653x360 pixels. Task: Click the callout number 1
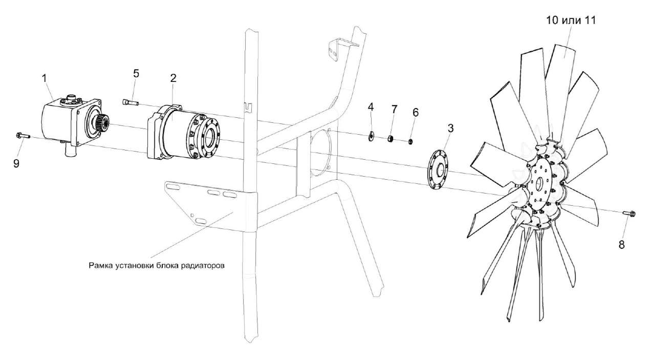(x=45, y=78)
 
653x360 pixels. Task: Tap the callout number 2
(x=173, y=78)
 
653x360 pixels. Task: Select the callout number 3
(x=450, y=128)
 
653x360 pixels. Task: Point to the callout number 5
(x=136, y=73)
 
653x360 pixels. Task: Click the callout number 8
(x=622, y=244)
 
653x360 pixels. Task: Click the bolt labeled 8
(x=629, y=213)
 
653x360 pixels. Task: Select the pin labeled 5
(x=130, y=102)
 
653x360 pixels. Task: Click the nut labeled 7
(x=390, y=138)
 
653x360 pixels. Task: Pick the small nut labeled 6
(x=410, y=140)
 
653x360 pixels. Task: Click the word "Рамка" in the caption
(x=100, y=266)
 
